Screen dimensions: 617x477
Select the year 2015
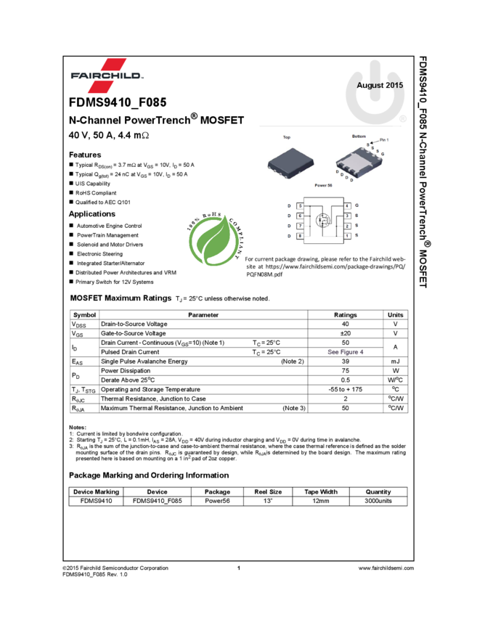tap(394, 86)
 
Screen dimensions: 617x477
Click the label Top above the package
tap(287, 137)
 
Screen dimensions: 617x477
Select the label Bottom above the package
tap(359, 136)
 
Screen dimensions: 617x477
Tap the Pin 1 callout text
tap(385, 139)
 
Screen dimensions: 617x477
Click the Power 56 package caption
tap(323, 186)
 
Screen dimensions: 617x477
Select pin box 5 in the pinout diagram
tap(300, 206)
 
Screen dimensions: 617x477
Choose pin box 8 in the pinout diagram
tap(300, 236)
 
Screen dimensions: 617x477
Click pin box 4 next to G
tap(347, 206)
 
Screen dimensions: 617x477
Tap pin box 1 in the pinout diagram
tap(347, 236)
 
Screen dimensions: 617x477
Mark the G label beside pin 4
tap(357, 206)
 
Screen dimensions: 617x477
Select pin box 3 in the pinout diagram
tap(347, 216)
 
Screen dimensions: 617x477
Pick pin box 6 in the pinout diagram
tap(300, 216)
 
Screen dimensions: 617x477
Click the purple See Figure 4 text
tap(345, 352)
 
